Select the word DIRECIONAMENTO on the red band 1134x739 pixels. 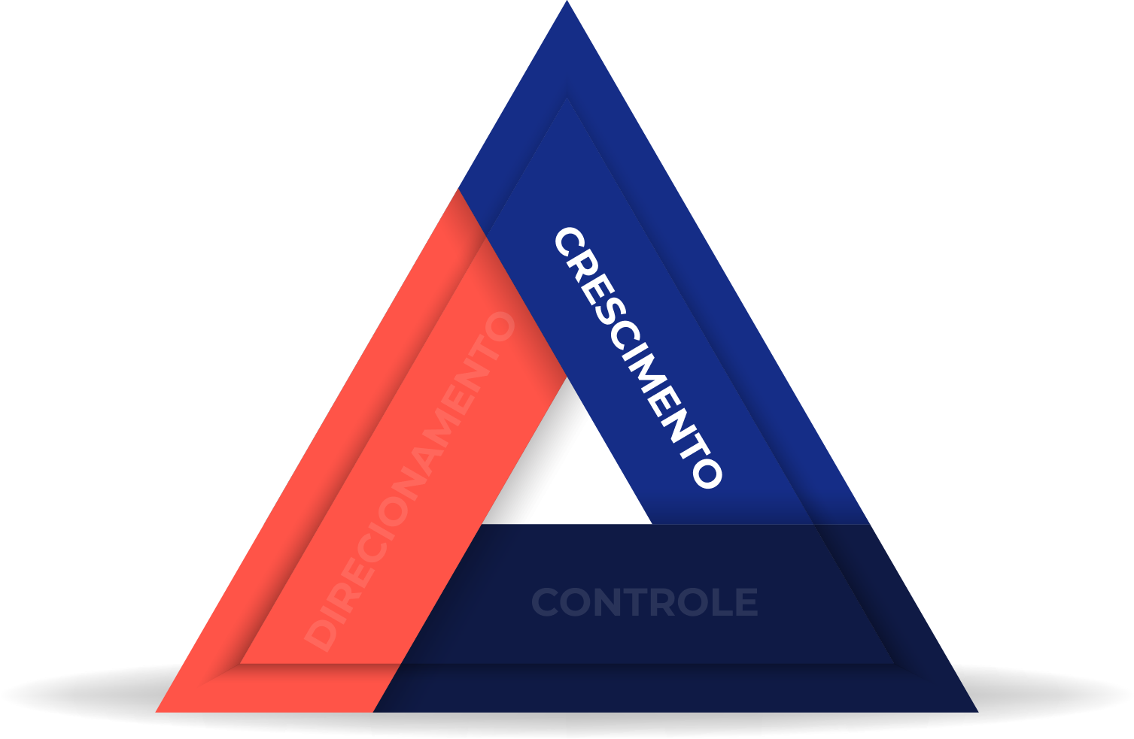[x=410, y=481]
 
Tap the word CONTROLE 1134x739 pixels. [x=644, y=603]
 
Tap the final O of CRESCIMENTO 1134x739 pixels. [x=707, y=474]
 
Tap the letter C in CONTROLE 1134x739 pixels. [x=546, y=603]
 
